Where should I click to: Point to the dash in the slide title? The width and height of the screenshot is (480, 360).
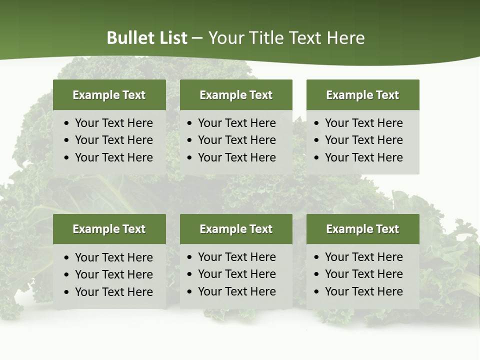point(197,38)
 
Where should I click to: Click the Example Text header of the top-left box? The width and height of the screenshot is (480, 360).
point(109,95)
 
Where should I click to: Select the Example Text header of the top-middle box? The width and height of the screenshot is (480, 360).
point(236,95)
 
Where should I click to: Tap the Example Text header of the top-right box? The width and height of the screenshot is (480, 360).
point(362,95)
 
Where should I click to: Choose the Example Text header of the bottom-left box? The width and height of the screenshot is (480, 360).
point(109,229)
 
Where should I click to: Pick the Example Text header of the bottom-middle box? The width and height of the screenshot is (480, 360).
point(236,229)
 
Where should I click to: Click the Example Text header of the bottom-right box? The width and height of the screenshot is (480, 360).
point(362,229)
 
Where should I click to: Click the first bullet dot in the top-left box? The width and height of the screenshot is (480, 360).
point(67,123)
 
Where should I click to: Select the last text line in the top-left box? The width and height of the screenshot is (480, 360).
point(113,157)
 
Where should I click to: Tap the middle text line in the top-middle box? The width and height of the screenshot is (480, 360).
point(236,140)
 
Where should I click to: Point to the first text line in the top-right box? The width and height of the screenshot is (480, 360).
point(363,123)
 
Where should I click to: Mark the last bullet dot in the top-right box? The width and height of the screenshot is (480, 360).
point(316,158)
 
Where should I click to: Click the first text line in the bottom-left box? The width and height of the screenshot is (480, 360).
point(113,257)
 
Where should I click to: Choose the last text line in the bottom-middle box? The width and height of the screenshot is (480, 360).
point(236,291)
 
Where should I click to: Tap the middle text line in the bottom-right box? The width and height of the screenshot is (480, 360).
point(363,274)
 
